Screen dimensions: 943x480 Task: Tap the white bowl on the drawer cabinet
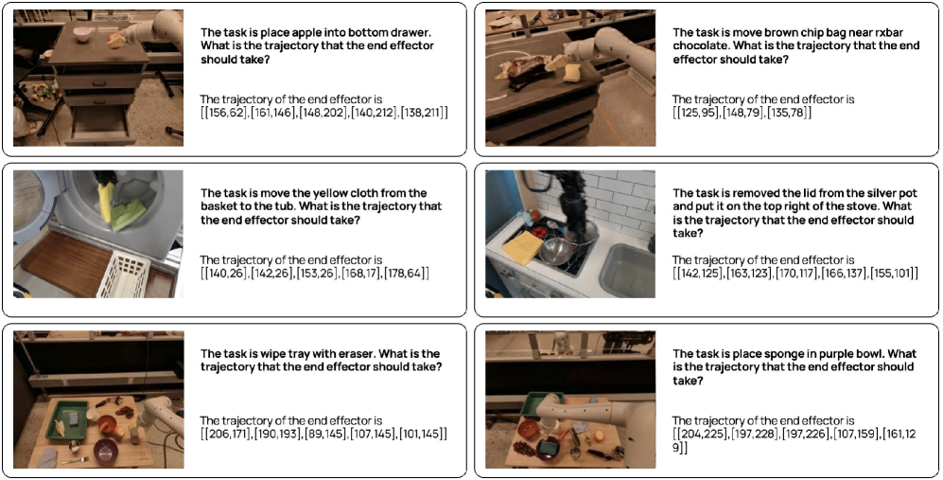[82, 34]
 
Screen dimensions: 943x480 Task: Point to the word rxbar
[889, 32]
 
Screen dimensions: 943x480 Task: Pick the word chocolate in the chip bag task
[700, 45]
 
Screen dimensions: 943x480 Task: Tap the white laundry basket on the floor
[123, 275]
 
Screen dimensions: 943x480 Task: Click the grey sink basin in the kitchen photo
[626, 270]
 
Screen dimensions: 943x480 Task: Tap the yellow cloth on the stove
[523, 247]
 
